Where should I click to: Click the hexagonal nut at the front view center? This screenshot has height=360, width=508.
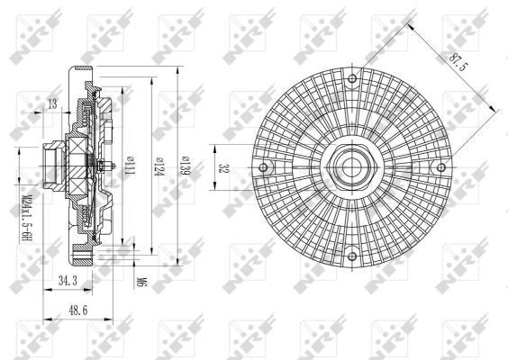point(350,167)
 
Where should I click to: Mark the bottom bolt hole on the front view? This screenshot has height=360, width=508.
point(350,256)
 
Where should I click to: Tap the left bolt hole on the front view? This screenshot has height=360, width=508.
point(263,167)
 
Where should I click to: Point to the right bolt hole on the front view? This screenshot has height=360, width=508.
point(439,167)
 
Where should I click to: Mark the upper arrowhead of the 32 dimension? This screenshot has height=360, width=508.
point(214,148)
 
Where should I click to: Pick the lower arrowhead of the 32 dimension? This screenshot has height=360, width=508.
point(214,187)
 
